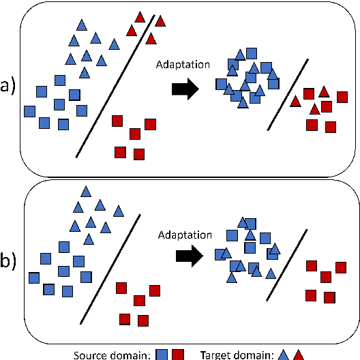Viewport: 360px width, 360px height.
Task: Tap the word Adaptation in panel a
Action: pyautogui.click(x=182, y=65)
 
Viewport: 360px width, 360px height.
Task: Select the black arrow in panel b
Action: pyautogui.click(x=189, y=256)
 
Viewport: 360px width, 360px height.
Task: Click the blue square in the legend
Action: pyautogui.click(x=163, y=354)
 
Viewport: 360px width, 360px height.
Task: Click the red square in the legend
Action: pyautogui.click(x=179, y=354)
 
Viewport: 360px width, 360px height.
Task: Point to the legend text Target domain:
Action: pyautogui.click(x=237, y=354)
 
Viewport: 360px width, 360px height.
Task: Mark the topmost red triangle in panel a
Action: pyautogui.click(x=140, y=16)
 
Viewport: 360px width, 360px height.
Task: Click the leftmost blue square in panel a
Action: pyautogui.click(x=29, y=110)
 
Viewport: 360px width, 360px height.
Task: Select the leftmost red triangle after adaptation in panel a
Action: pyautogui.click(x=295, y=102)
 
